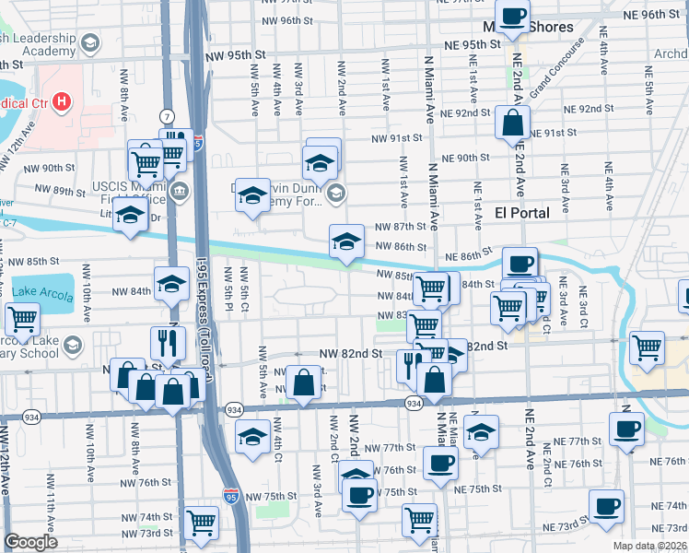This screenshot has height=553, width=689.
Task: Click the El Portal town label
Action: tap(522, 213)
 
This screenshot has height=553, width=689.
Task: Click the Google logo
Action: tap(30, 542)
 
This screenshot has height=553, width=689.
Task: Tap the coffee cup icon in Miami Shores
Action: tap(516, 16)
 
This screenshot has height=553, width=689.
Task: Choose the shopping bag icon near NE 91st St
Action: tap(511, 122)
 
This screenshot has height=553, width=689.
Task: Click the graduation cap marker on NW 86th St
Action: tap(345, 242)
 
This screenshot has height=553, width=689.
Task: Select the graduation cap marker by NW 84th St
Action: tap(171, 285)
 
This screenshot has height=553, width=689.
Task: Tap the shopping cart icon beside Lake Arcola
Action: tap(21, 321)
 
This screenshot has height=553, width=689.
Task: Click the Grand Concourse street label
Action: tap(556, 68)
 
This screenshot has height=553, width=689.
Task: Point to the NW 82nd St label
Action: tap(350, 353)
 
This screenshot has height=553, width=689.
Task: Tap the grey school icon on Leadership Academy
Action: tap(89, 43)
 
